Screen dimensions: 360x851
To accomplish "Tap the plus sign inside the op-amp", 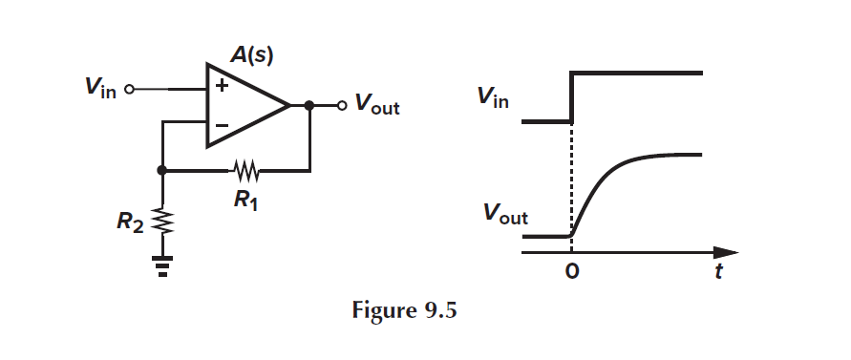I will [x=223, y=87].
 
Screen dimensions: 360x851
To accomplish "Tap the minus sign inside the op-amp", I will [x=223, y=125].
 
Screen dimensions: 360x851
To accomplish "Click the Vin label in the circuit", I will [x=100, y=89].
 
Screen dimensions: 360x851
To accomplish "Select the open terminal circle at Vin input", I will [x=129, y=90].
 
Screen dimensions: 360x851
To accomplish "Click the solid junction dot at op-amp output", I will [x=309, y=105].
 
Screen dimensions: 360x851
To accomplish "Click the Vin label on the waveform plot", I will [x=495, y=96].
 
